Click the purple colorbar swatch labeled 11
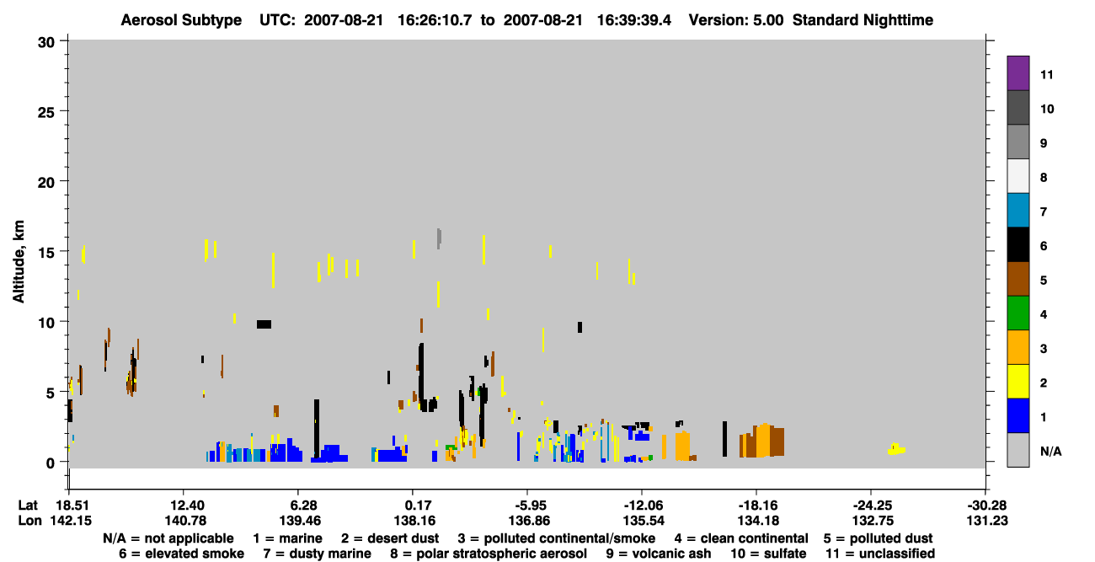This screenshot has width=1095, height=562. [x=1018, y=73]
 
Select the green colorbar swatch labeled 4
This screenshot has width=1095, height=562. [x=1018, y=313]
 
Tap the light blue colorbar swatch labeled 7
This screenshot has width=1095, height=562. [x=1018, y=211]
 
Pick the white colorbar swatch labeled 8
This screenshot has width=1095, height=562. [x=1018, y=176]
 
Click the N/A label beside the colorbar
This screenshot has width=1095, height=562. [x=1050, y=452]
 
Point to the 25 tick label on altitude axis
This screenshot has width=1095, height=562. [x=46, y=112]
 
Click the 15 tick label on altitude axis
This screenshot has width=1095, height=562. [x=46, y=253]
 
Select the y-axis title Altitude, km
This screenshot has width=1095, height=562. [x=18, y=262]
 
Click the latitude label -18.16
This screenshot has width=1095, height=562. [x=757, y=506]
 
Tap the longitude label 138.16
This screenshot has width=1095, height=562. [x=414, y=521]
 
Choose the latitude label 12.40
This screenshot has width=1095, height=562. [x=186, y=506]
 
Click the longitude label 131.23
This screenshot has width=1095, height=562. [x=987, y=521]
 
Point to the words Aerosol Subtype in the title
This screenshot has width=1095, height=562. [x=181, y=20]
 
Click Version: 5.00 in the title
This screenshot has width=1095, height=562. [x=736, y=20]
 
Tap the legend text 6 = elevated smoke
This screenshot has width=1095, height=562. [x=181, y=554]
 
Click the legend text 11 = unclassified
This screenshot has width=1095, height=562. [x=880, y=554]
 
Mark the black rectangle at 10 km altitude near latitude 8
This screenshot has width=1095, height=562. [x=264, y=324]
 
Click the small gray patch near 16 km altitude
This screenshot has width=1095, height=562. [x=439, y=238]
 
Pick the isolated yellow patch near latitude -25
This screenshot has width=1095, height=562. [x=896, y=449]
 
